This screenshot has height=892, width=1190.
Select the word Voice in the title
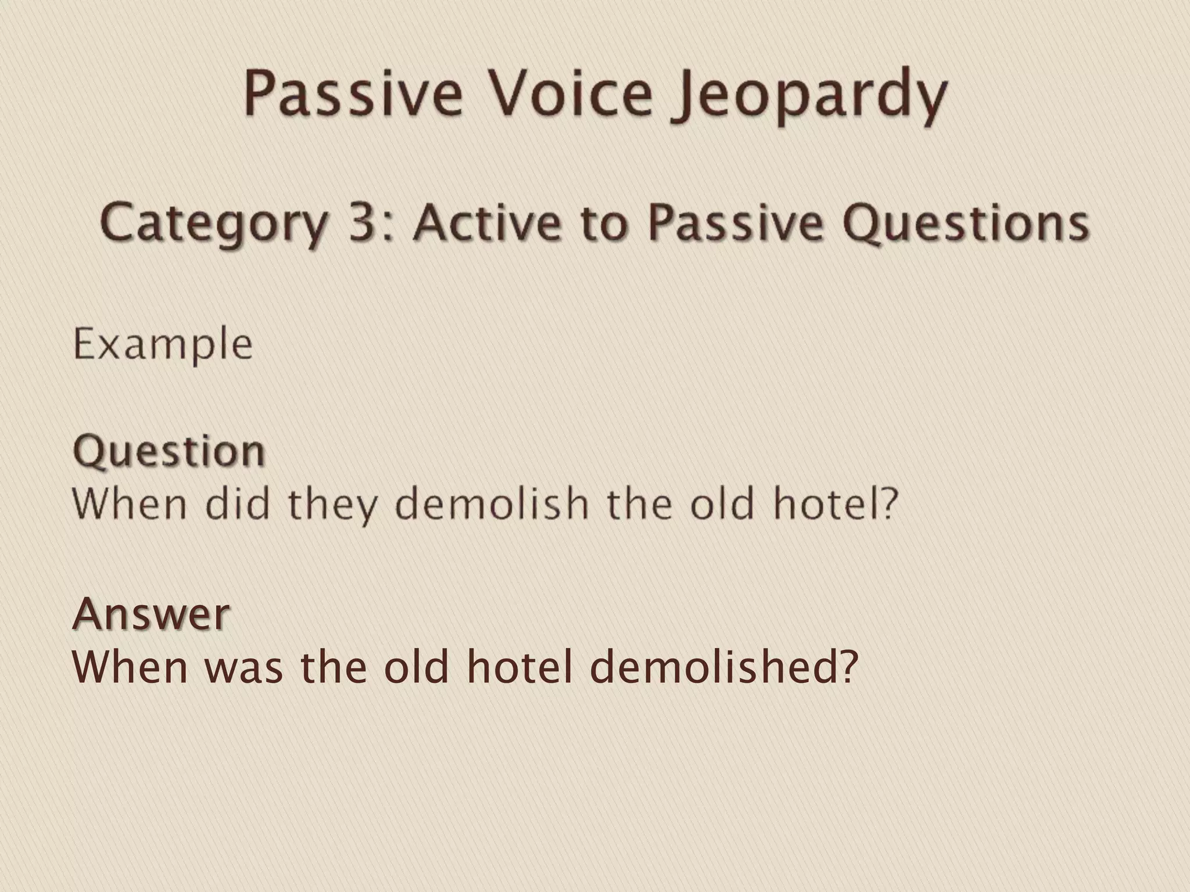pos(571,93)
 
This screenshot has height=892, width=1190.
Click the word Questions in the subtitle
pos(966,223)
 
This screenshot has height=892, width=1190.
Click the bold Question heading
pos(169,452)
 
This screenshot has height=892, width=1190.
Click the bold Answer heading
pos(152,614)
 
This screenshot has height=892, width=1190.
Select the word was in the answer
pos(243,668)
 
